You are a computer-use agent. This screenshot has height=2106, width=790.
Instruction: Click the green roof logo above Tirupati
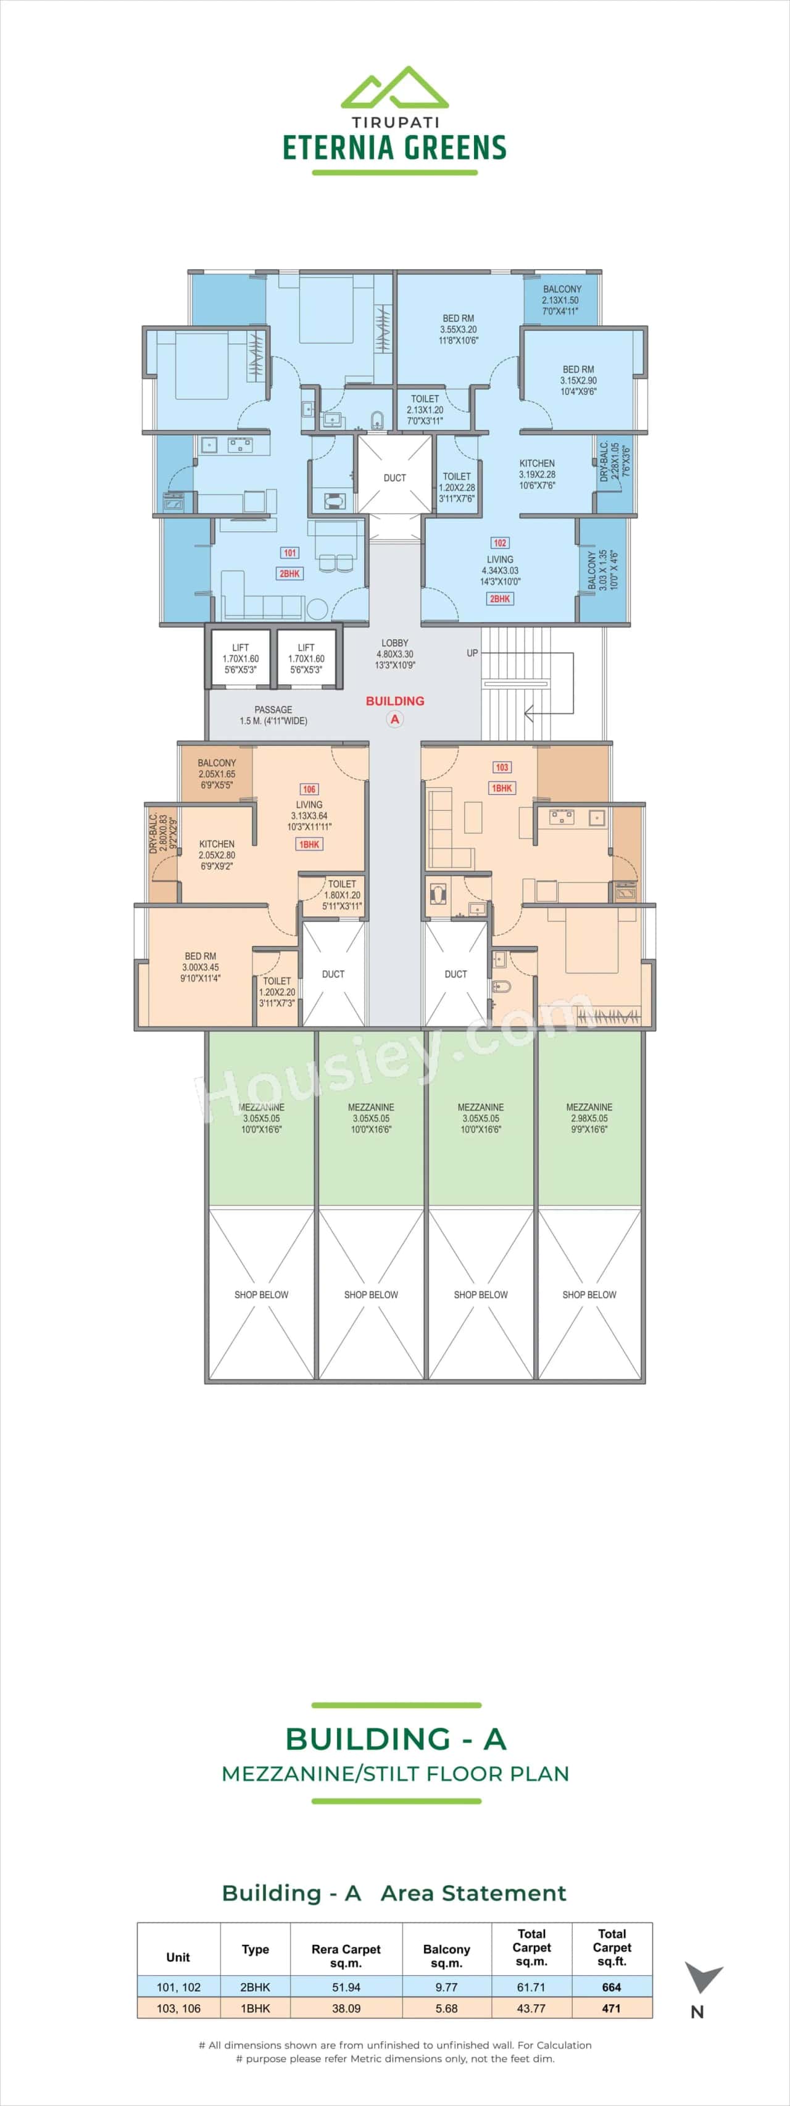click(x=394, y=88)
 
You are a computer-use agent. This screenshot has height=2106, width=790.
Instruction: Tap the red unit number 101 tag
click(x=289, y=553)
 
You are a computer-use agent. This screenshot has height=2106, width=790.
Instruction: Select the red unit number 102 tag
click(x=500, y=543)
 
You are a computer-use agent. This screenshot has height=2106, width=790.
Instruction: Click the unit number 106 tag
click(x=309, y=789)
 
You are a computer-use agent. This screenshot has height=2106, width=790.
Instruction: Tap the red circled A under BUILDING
click(x=395, y=719)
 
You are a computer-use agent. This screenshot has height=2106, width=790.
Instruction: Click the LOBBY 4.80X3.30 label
click(x=395, y=654)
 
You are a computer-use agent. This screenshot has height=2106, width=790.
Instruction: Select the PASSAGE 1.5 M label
click(x=273, y=715)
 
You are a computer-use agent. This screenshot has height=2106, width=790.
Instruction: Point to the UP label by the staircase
click(x=472, y=653)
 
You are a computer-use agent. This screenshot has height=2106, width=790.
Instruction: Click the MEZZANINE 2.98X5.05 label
click(x=589, y=1117)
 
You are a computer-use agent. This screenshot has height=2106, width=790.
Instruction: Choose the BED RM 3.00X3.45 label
click(x=201, y=966)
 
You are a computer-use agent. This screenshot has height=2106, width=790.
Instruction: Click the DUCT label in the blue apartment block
click(x=395, y=478)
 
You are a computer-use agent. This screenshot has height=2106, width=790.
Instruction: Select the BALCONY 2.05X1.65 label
click(x=217, y=773)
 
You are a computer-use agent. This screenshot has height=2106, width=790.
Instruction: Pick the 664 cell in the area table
click(x=612, y=1987)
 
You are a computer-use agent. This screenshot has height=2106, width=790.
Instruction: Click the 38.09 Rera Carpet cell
click(x=346, y=2008)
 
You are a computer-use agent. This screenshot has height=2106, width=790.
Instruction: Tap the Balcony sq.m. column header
click(x=446, y=1955)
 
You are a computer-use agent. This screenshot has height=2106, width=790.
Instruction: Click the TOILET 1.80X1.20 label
click(x=342, y=894)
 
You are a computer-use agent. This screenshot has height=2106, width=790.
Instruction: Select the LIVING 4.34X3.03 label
click(x=500, y=571)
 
